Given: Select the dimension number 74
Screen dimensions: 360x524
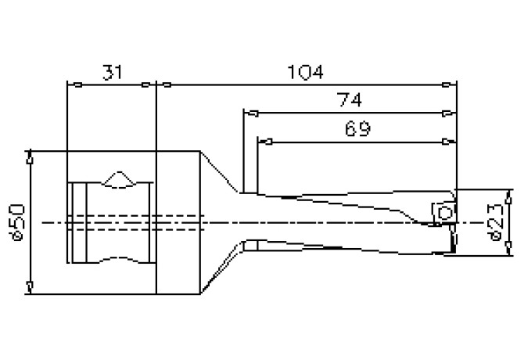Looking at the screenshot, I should pyautogui.click(x=350, y=101).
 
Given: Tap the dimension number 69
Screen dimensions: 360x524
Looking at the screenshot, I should pyautogui.click(x=356, y=128).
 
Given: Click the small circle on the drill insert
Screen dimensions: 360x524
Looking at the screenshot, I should pyautogui.click(x=445, y=213).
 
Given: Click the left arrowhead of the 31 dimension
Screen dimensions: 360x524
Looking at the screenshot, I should pyautogui.click(x=75, y=85).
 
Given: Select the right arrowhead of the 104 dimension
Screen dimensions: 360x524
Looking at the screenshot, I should pyautogui.click(x=448, y=85).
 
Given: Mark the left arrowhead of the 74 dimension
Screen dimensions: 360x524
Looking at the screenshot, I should pyautogui.click(x=250, y=113).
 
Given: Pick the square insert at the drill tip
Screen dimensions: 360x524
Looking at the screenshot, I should pyautogui.click(x=443, y=212).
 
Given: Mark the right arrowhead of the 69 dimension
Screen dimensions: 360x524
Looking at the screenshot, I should pyautogui.click(x=448, y=142).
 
